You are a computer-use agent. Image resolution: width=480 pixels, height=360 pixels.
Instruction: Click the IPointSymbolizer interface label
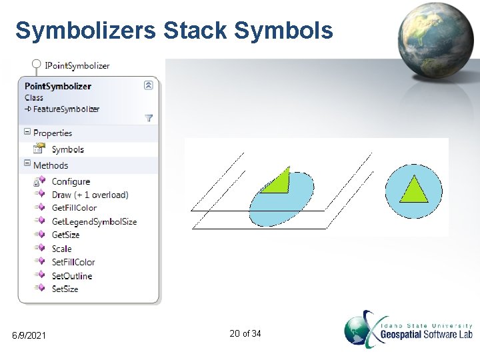[77, 65]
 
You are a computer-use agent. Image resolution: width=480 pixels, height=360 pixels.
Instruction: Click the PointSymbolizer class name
[58, 86]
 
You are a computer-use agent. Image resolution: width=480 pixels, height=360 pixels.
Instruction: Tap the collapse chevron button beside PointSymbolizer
[149, 85]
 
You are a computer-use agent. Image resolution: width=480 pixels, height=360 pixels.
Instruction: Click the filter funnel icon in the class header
[149, 118]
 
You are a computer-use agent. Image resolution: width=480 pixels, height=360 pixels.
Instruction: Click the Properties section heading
[52, 133]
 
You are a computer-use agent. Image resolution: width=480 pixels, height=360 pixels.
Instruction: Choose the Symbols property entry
[67, 149]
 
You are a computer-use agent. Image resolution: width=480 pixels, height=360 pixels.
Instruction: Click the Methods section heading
[50, 165]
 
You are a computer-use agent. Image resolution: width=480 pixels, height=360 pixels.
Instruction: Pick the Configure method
[71, 181]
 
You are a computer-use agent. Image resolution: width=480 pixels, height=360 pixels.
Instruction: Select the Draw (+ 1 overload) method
[89, 195]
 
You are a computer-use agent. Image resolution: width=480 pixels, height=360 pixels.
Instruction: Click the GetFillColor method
[74, 208]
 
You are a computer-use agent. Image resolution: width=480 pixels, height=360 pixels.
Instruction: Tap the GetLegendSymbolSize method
[94, 221]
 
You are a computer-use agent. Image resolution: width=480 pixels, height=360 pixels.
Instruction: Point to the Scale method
[61, 249]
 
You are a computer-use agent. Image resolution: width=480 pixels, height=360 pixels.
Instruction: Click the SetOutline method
[72, 275]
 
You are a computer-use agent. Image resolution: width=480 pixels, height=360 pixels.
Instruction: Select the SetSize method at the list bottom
[65, 289]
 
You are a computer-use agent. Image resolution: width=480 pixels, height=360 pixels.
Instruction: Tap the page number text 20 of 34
[245, 333]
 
